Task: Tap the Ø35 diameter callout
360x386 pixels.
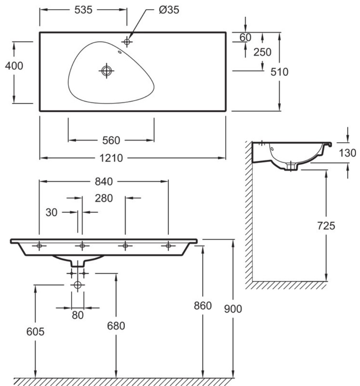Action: pos(169,10)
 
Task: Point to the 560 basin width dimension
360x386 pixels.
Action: pos(111,140)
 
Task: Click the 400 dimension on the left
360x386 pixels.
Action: pos(14,66)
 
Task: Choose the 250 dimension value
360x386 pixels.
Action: pos(263,52)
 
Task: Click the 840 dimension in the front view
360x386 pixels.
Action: pos(104,181)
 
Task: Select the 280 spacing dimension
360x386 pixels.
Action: pos(103,198)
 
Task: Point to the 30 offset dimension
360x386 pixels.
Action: pos(52,212)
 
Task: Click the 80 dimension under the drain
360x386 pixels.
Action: pos(77,315)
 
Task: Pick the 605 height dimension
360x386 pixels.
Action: pos(35,331)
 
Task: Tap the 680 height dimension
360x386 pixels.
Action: pos(116,326)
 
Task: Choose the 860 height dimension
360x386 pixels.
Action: pos(203,305)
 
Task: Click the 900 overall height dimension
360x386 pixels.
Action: pos(233,309)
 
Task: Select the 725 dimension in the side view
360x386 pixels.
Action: pos(326,226)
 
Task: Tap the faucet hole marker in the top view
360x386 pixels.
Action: pos(127,42)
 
